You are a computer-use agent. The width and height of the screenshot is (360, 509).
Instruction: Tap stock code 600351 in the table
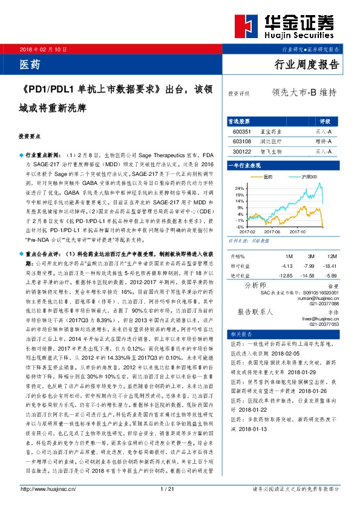coord(241,130)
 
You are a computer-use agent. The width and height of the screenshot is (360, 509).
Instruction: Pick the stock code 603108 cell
coord(241,140)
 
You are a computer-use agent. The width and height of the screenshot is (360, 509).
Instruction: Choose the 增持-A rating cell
coord(324,140)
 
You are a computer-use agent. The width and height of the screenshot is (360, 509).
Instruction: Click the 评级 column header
coord(324,120)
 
